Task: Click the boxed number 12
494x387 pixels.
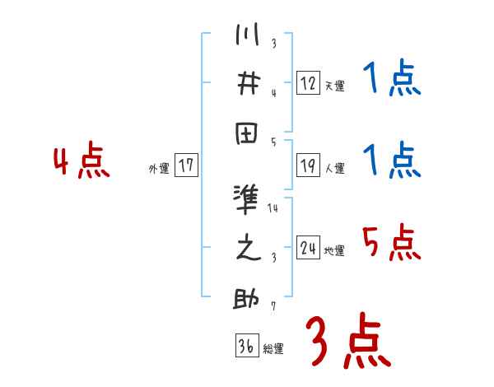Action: [x=307, y=82]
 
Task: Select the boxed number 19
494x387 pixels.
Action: [x=307, y=166]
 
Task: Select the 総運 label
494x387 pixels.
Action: [x=273, y=348]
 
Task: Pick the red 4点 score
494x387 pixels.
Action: [x=81, y=162]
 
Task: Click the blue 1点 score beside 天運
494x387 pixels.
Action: [x=391, y=81]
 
